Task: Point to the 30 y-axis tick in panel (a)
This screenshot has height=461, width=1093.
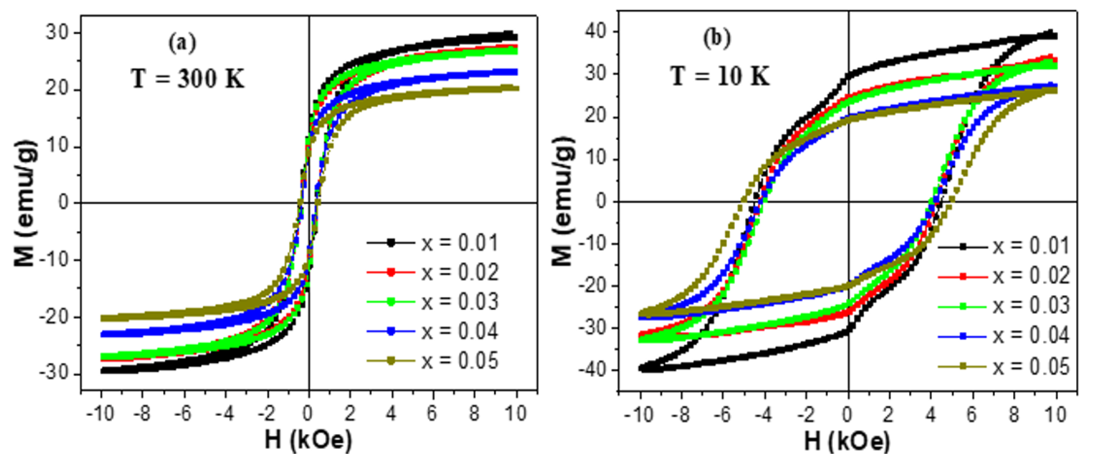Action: point(58,33)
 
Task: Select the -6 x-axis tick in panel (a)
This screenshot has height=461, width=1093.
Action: point(184,413)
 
